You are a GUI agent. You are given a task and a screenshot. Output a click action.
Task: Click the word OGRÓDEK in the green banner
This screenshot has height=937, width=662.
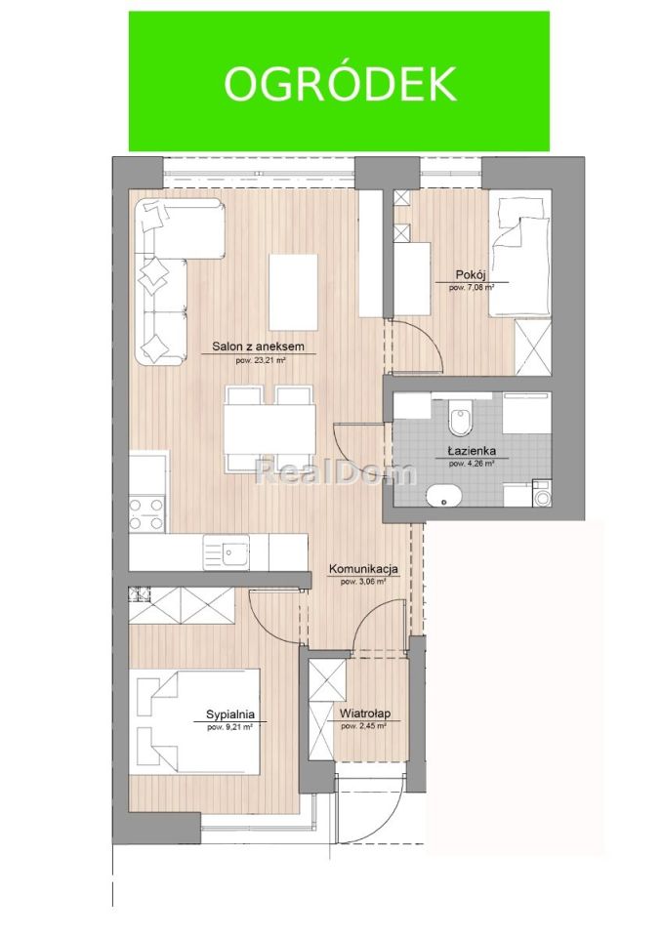(x=340, y=84)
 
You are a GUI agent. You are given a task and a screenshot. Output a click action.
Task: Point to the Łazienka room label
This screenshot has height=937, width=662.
(x=472, y=452)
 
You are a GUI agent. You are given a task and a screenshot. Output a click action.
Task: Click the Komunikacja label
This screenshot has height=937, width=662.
(x=363, y=569)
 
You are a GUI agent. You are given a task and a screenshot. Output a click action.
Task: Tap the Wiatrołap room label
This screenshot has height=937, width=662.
(x=365, y=714)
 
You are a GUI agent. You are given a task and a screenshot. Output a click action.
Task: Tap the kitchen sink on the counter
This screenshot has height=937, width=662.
(x=232, y=553)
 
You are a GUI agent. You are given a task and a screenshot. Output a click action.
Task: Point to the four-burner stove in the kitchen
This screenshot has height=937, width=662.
(x=146, y=513)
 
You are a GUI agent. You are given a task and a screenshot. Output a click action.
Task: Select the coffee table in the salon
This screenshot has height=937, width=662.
(x=293, y=292)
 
